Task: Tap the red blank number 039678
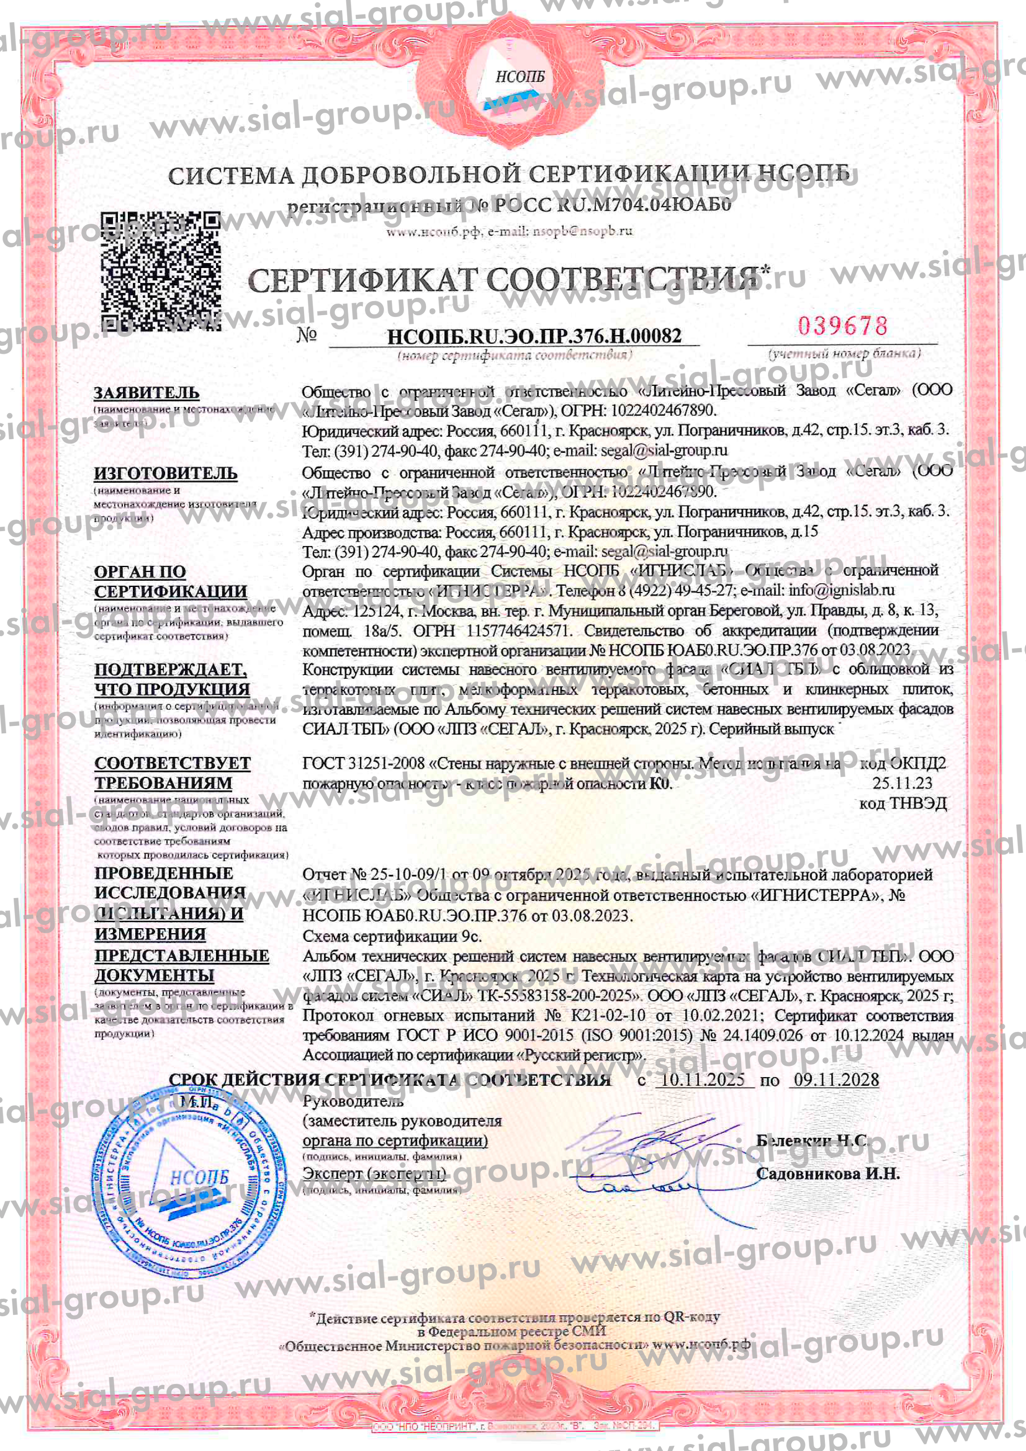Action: coord(843,326)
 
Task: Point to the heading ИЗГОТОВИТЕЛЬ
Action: coord(165,473)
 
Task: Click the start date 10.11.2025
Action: coord(702,1080)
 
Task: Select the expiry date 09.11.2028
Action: coord(836,1080)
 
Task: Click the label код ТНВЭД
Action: coord(902,803)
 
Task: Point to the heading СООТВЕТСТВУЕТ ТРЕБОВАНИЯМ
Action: coord(172,773)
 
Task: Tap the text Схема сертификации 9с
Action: coord(392,936)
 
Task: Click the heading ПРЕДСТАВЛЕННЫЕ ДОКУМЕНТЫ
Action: coord(182,965)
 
